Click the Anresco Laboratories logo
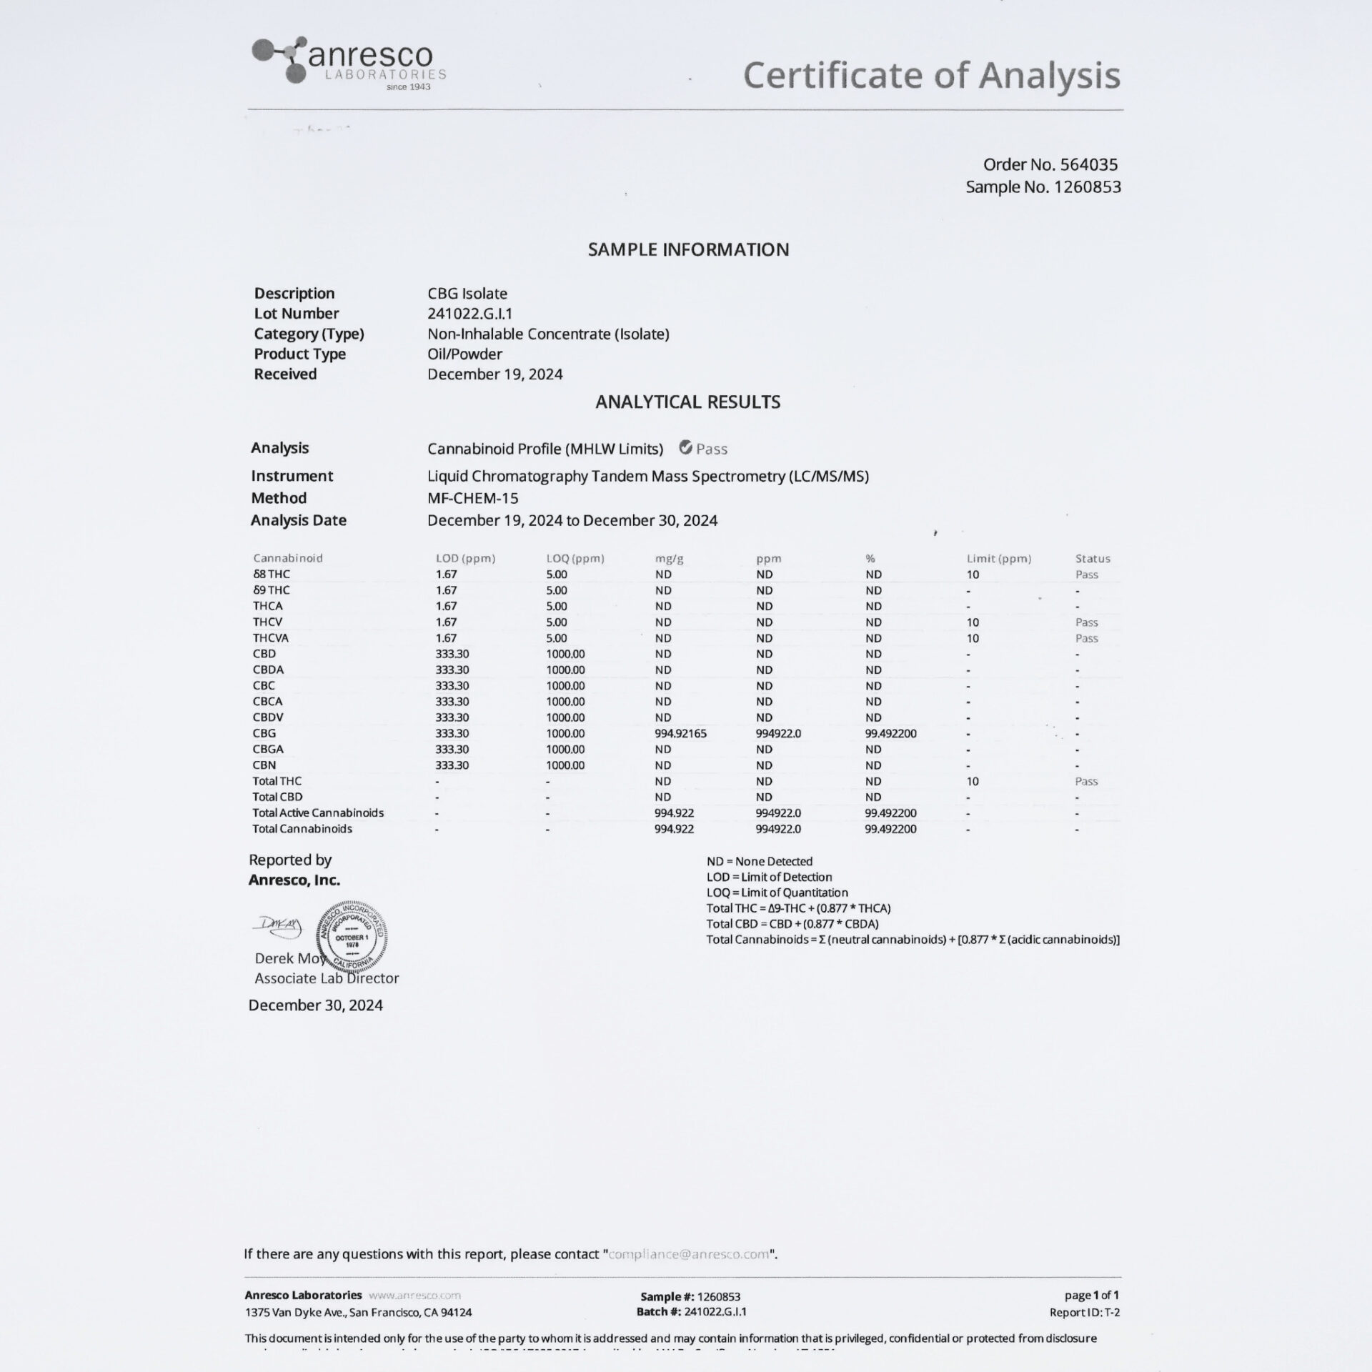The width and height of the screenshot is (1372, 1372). [x=349, y=64]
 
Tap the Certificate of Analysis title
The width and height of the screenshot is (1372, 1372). [x=931, y=75]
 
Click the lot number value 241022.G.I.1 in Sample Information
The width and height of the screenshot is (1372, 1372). [x=469, y=314]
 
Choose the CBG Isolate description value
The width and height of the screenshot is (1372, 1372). [x=467, y=294]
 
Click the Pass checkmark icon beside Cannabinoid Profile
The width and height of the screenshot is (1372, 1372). [x=685, y=448]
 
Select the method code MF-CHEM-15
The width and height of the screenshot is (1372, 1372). [x=472, y=499]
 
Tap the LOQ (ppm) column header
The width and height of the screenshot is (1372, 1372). [x=575, y=559]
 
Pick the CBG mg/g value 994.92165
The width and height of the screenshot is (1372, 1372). [x=680, y=734]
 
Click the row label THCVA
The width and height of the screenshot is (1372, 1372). [x=270, y=638]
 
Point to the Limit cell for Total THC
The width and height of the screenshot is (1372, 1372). [x=973, y=782]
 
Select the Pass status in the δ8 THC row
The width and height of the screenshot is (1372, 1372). [x=1086, y=575]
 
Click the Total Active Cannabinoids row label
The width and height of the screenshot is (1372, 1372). [x=317, y=813]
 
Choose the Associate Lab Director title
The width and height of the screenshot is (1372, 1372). [x=327, y=978]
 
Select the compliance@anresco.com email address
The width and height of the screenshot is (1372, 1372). [x=689, y=1254]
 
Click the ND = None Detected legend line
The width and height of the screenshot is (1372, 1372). [x=759, y=862]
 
